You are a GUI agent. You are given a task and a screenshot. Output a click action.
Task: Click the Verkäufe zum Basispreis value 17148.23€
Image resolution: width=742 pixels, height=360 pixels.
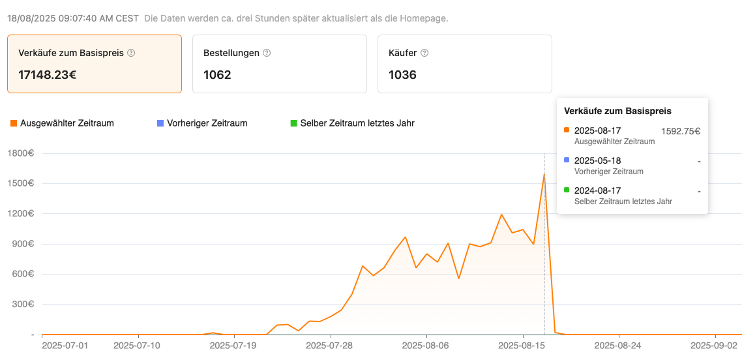click(48, 74)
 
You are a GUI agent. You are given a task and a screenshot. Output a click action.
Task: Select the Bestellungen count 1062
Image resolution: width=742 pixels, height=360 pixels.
click(217, 74)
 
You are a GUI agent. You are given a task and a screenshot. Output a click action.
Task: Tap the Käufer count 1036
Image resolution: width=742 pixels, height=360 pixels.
click(402, 74)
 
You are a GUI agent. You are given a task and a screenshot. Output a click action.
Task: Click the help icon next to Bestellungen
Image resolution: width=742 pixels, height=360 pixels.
click(266, 53)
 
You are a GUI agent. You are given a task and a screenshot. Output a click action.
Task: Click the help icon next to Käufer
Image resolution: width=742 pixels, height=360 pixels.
click(424, 53)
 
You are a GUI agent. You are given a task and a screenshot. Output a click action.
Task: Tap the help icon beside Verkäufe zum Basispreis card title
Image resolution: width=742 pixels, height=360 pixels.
click(131, 53)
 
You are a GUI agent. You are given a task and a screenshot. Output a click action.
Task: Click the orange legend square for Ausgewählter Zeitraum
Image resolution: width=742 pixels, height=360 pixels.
click(13, 123)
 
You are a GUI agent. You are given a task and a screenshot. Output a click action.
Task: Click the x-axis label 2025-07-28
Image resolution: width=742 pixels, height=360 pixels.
click(330, 345)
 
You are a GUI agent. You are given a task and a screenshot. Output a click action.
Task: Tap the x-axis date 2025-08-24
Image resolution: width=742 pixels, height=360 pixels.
click(618, 345)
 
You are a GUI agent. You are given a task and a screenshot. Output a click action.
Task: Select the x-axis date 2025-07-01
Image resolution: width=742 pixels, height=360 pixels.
click(65, 345)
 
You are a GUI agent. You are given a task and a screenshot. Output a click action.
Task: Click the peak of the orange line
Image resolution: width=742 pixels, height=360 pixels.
click(544, 174)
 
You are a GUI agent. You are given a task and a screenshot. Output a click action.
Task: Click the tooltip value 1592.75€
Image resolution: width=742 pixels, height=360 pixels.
click(681, 131)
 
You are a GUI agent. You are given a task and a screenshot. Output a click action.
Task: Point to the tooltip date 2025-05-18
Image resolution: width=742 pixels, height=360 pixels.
click(597, 160)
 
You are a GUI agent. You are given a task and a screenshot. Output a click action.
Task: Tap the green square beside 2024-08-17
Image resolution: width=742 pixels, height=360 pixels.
click(567, 190)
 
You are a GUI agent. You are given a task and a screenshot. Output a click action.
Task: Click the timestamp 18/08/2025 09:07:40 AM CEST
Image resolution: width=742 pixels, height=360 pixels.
click(73, 18)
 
